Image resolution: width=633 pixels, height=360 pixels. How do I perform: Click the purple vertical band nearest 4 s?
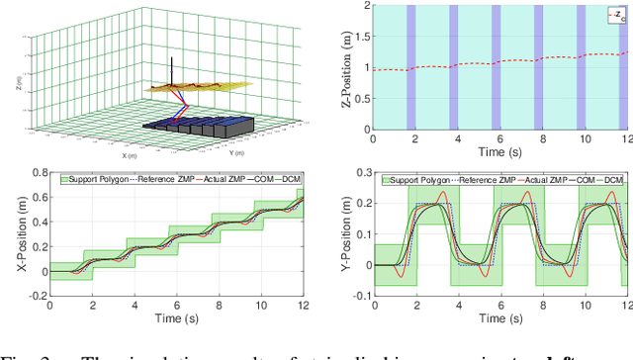(x=456, y=67)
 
